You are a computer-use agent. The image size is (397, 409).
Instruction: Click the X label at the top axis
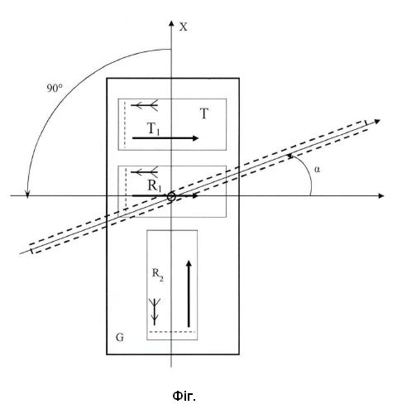click(184, 27)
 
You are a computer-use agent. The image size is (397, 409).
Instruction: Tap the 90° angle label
click(55, 88)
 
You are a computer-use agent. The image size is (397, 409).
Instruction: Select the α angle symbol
click(318, 169)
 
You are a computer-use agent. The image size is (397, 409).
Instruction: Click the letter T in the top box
click(204, 113)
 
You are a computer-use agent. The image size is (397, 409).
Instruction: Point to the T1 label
click(154, 129)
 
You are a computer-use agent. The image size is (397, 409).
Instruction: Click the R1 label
click(155, 185)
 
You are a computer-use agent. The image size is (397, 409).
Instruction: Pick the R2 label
click(158, 275)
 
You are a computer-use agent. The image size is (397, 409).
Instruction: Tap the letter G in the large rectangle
click(120, 337)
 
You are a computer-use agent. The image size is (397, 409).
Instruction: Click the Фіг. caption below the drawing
click(184, 397)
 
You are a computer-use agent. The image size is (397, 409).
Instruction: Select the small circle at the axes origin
click(171, 197)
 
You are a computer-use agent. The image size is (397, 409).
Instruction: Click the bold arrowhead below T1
click(195, 138)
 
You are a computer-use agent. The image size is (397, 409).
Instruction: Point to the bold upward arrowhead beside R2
click(189, 263)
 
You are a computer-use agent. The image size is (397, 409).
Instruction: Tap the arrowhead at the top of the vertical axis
click(171, 23)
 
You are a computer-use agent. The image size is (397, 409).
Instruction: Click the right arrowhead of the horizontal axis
click(380, 196)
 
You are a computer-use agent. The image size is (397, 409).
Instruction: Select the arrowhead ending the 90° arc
click(27, 195)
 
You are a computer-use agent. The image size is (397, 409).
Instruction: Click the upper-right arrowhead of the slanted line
click(377, 122)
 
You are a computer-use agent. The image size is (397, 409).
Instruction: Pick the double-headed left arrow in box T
click(144, 105)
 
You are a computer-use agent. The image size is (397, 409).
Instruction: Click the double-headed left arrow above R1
click(144, 172)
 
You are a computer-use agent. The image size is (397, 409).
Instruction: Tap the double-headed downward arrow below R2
click(155, 311)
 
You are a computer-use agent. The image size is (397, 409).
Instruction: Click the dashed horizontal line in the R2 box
click(172, 332)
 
